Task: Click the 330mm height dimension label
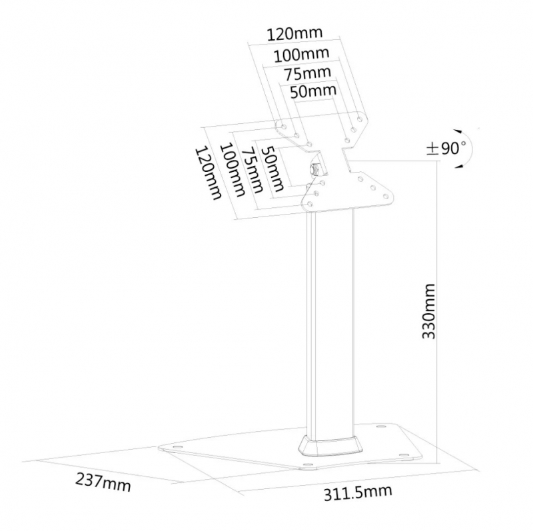428,310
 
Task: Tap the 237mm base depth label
103,483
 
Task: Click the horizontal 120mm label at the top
294,33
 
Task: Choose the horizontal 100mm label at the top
302,55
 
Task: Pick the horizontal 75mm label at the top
308,73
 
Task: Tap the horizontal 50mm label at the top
313,91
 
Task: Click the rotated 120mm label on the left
208,173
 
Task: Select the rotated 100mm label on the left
233,171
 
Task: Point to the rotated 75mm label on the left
252,170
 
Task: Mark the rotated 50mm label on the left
272,169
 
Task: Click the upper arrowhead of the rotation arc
459,131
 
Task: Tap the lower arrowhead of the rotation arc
460,165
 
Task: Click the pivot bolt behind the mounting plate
314,169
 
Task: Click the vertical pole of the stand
330,323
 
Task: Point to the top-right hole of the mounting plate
360,119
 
